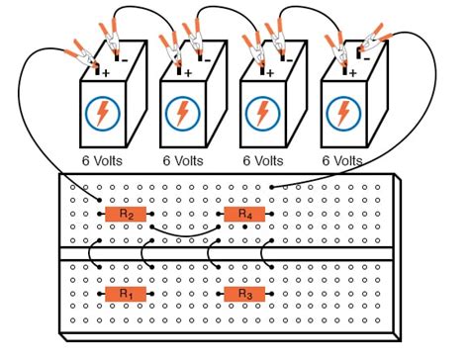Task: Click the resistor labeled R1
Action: coord(125,294)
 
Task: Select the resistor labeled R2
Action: coord(126,214)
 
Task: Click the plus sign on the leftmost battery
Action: coord(108,71)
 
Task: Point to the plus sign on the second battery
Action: coord(188,71)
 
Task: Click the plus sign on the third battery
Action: coord(268,71)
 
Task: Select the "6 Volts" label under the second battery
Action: coord(183,159)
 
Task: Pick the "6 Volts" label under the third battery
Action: coord(264,159)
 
